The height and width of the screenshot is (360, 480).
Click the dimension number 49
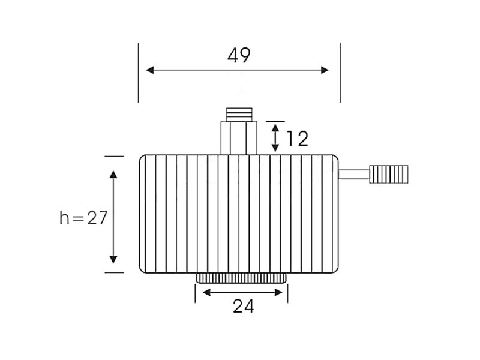(239, 55)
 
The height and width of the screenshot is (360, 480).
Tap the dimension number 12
(297, 139)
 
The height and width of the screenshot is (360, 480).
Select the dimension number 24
(244, 306)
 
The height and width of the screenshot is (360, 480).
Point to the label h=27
(83, 218)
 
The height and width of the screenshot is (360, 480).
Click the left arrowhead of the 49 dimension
(149, 70)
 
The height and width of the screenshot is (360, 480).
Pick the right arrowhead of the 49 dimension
(325, 70)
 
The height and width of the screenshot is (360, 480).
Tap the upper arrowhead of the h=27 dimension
(113, 175)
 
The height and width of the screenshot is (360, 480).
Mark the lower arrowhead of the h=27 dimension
(113, 260)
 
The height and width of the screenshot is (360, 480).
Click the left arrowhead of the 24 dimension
(206, 293)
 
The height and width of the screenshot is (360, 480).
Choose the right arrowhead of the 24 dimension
(278, 293)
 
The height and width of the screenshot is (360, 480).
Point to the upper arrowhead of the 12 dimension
(275, 128)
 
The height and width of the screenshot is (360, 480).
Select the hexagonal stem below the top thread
(239, 138)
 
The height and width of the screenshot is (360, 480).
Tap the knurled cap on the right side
(389, 175)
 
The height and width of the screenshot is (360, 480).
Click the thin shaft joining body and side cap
(354, 175)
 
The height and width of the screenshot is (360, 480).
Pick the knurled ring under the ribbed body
(241, 278)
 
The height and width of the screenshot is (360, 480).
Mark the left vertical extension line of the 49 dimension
(139, 73)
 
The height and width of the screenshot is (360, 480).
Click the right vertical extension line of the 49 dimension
(340, 73)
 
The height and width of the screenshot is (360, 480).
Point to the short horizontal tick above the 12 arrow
(275, 122)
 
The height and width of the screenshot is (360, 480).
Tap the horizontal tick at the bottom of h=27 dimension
(114, 272)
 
